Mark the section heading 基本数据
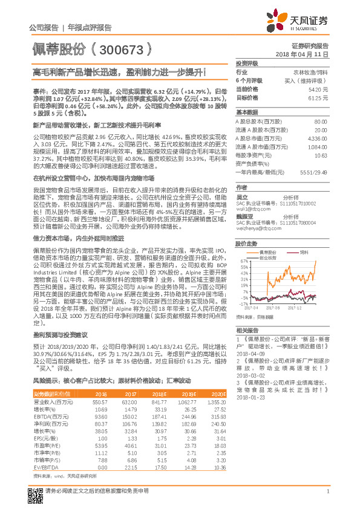[246, 112]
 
